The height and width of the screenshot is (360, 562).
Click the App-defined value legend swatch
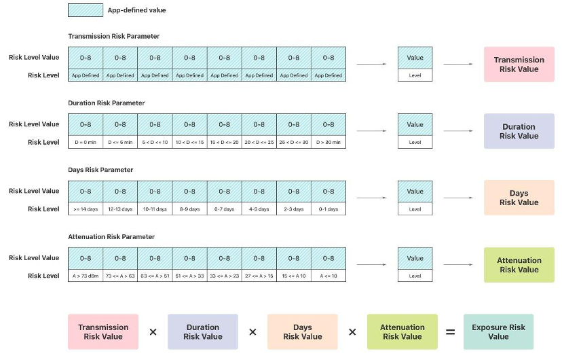pos(86,10)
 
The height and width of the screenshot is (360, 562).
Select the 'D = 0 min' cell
pos(86,142)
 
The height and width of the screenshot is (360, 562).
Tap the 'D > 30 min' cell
pos(329,142)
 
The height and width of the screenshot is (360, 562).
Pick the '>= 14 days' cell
pos(86,209)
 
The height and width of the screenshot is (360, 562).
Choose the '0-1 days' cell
pos(329,209)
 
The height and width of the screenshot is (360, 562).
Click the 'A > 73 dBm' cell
pos(86,276)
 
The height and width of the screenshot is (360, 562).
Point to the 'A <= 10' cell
pos(329,276)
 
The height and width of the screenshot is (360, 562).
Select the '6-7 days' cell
pos(225,209)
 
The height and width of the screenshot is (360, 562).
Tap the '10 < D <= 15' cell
pos(189,142)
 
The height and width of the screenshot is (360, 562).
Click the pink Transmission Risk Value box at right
pos(519,64)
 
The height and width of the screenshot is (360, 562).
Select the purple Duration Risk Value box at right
pos(519,131)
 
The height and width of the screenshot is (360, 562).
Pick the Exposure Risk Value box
pos(498,331)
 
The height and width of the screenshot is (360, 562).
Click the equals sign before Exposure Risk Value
pos(450,332)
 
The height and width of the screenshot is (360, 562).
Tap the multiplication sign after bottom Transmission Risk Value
pos(153,332)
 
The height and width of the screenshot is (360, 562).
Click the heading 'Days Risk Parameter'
pos(100,170)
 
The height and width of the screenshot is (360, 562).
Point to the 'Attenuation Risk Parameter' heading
pos(111,236)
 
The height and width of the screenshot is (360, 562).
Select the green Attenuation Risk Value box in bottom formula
pos(402,331)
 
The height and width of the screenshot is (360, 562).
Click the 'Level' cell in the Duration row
pos(415,142)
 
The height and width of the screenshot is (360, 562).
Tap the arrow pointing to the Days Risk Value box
pos(458,198)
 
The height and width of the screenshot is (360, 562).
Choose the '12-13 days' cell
pos(120,209)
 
